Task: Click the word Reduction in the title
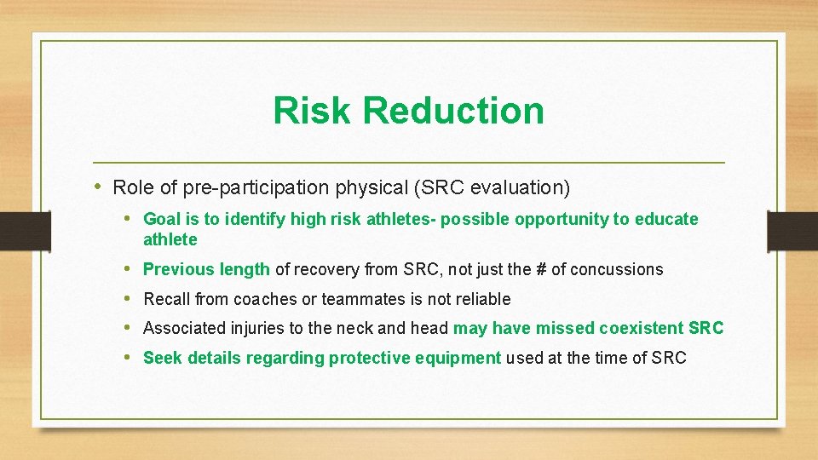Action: point(452,111)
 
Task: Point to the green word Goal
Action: point(161,219)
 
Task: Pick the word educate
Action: point(665,219)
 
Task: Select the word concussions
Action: point(616,269)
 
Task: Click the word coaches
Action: point(263,299)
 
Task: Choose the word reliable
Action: point(480,299)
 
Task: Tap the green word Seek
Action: point(163,358)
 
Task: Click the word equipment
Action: point(462,358)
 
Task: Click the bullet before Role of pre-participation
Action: point(99,187)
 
